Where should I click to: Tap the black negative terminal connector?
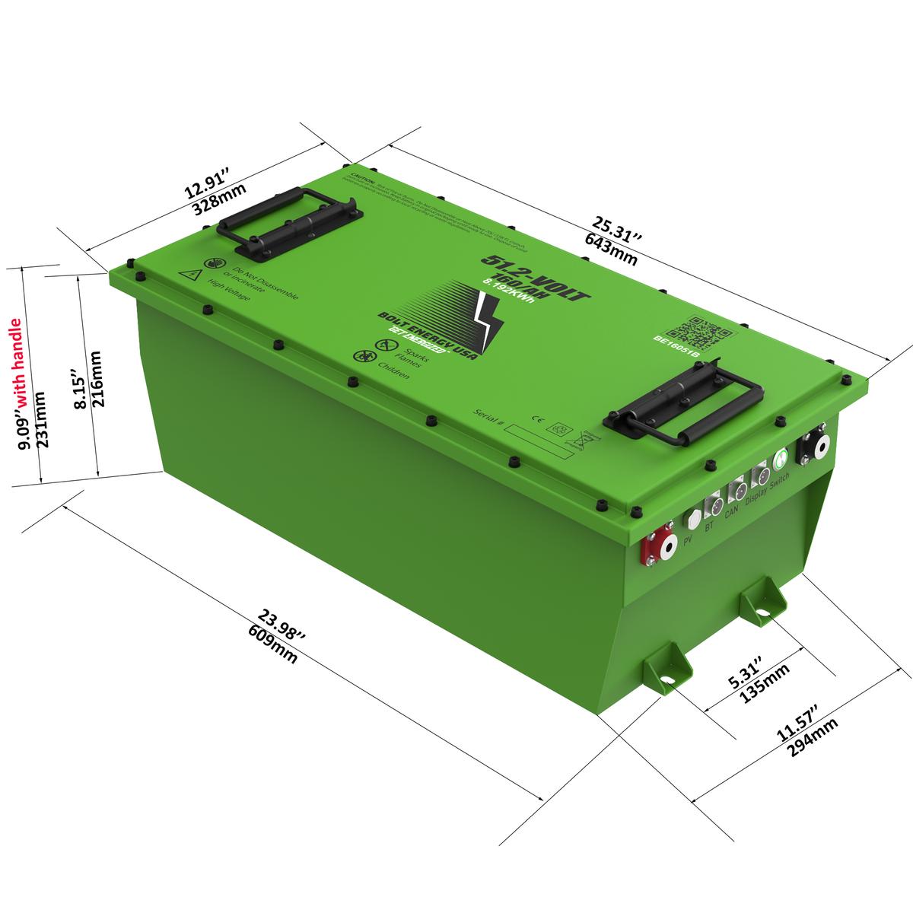tap(811, 449)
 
